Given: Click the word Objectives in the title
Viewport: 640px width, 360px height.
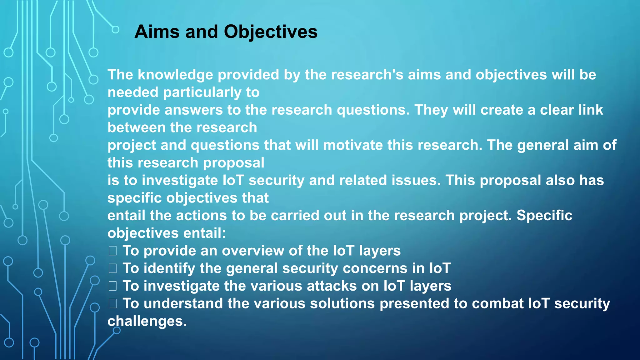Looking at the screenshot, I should [270, 32].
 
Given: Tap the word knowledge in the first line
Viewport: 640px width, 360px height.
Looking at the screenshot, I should [177, 75].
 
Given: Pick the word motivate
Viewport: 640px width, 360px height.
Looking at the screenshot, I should [352, 145].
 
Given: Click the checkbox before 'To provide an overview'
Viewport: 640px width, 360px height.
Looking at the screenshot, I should [112, 251].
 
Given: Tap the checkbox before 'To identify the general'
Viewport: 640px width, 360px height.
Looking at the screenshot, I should [112, 268].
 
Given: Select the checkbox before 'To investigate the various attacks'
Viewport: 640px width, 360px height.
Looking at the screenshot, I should [112, 286].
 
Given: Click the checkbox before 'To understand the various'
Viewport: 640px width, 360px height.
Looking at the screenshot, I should [112, 303].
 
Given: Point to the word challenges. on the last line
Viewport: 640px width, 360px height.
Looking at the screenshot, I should [147, 321].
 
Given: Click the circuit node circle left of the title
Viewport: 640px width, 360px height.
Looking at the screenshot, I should [115, 30].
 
